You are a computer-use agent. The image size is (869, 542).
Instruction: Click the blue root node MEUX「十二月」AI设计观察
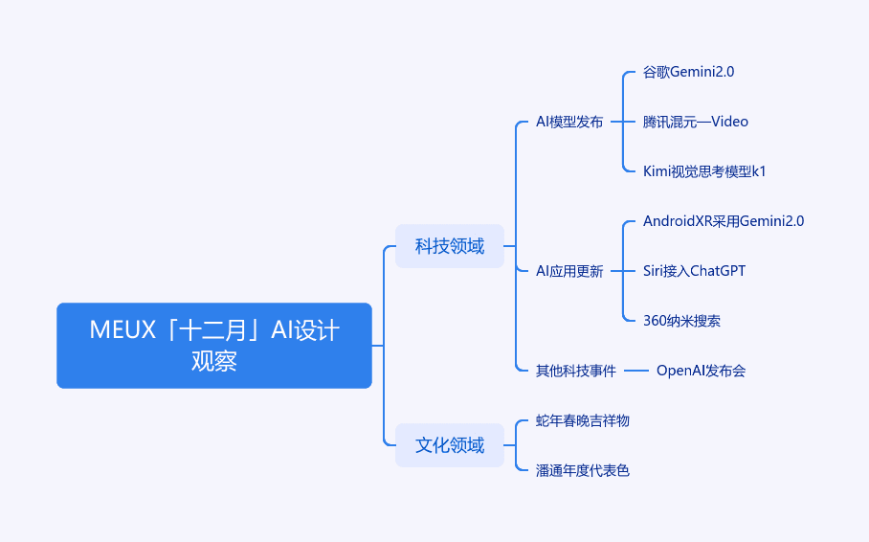click(x=214, y=345)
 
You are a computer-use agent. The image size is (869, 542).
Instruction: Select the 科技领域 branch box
click(x=450, y=246)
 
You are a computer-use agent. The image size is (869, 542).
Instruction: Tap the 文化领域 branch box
click(x=450, y=445)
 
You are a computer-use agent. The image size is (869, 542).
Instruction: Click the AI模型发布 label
click(x=569, y=122)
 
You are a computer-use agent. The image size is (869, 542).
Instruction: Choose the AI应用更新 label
click(x=569, y=271)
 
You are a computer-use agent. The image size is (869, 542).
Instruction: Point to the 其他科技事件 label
click(x=576, y=371)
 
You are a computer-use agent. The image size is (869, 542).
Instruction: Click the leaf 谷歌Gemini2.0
click(x=688, y=72)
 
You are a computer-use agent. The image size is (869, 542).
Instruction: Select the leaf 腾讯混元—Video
click(x=696, y=122)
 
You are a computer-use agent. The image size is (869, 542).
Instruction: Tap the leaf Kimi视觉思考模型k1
click(x=704, y=171)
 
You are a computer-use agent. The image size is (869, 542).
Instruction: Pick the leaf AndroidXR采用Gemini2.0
click(x=724, y=221)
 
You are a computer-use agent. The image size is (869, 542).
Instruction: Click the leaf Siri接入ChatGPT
click(x=694, y=271)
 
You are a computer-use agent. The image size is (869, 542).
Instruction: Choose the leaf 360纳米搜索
click(x=681, y=321)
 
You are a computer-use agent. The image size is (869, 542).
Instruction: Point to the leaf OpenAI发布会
click(x=702, y=371)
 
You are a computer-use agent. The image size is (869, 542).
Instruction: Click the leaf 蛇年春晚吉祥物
click(x=583, y=420)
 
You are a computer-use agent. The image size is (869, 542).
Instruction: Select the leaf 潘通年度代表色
click(x=583, y=470)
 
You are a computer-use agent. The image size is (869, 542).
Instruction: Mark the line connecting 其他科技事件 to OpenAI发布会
click(x=636, y=371)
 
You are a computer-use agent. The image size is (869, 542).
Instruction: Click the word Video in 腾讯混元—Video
click(x=730, y=122)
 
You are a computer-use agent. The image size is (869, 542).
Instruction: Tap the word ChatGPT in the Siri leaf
click(x=718, y=271)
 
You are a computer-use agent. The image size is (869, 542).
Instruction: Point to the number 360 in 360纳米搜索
click(x=654, y=321)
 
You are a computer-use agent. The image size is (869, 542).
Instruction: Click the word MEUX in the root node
click(x=123, y=330)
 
